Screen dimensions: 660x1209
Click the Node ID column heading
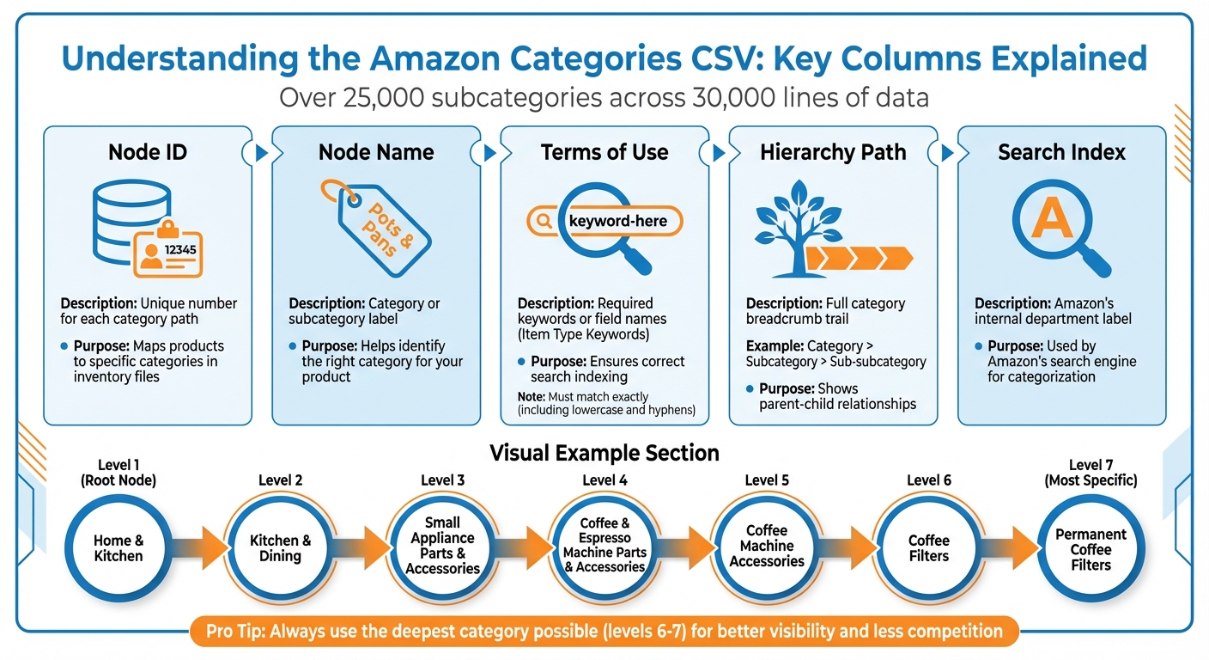tap(147, 152)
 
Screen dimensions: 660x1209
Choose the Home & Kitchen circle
tap(118, 548)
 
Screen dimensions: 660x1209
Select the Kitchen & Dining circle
tap(280, 548)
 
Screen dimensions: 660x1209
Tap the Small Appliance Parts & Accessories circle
tap(442, 546)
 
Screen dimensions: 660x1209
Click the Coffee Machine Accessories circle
tap(767, 547)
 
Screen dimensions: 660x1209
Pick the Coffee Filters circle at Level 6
tap(929, 548)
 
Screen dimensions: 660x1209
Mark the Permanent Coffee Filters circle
tap(1091, 549)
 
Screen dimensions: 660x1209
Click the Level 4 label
tap(604, 480)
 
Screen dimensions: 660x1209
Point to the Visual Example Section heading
tap(604, 453)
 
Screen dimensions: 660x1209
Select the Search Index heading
tap(1061, 152)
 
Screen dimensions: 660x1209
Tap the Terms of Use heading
tap(604, 152)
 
